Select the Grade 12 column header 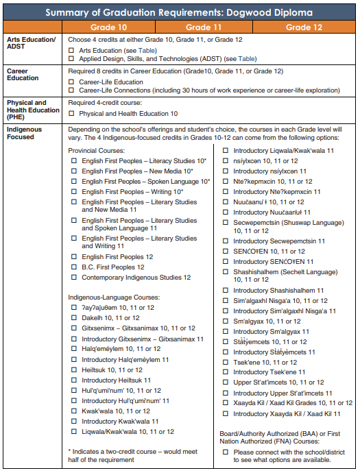(303, 27)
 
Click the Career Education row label (23, 74)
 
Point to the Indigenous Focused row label (24, 133)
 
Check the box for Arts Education (73, 50)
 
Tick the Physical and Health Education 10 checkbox (73, 113)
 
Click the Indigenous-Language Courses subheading (114, 298)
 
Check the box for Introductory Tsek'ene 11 (226, 372)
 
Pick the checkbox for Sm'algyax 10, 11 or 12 (226, 321)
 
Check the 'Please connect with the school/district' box (226, 452)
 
